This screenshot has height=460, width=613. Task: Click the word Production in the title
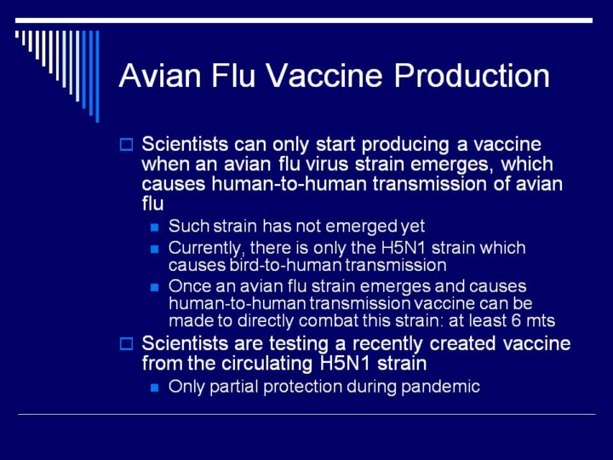pyautogui.click(x=472, y=75)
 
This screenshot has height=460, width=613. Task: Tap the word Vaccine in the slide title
pyautogui.click(x=325, y=75)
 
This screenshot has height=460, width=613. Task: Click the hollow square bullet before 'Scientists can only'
pyautogui.click(x=126, y=144)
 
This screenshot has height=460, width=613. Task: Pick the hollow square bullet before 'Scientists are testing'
pyautogui.click(x=126, y=344)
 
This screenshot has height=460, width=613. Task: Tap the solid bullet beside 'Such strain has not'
pyautogui.click(x=155, y=227)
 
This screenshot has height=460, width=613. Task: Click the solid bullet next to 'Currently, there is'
pyautogui.click(x=155, y=249)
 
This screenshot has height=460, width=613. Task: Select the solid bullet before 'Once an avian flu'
pyautogui.click(x=155, y=287)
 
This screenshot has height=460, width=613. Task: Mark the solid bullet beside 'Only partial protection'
pyautogui.click(x=155, y=388)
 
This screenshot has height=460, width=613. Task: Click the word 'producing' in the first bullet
pyautogui.click(x=405, y=145)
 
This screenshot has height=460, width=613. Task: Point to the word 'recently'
pyautogui.click(x=387, y=344)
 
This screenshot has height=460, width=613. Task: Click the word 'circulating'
pyautogui.click(x=267, y=364)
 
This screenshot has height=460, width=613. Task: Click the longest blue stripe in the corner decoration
pyautogui.click(x=97, y=77)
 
